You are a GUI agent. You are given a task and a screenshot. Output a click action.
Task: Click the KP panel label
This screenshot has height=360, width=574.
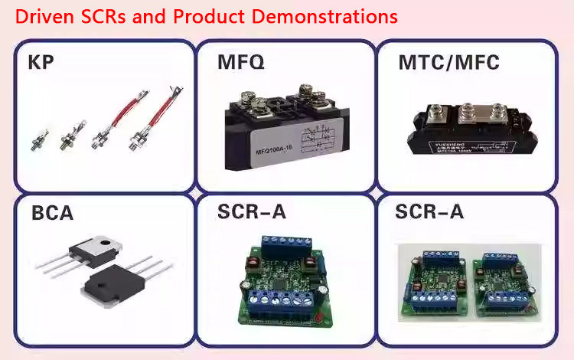[41, 62]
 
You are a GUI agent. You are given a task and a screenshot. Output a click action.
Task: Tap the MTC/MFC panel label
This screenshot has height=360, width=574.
[448, 62]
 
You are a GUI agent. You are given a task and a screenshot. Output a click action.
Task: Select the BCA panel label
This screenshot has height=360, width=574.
[52, 212]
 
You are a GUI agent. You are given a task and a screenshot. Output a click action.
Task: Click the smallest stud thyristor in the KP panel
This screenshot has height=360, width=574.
[37, 139]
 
